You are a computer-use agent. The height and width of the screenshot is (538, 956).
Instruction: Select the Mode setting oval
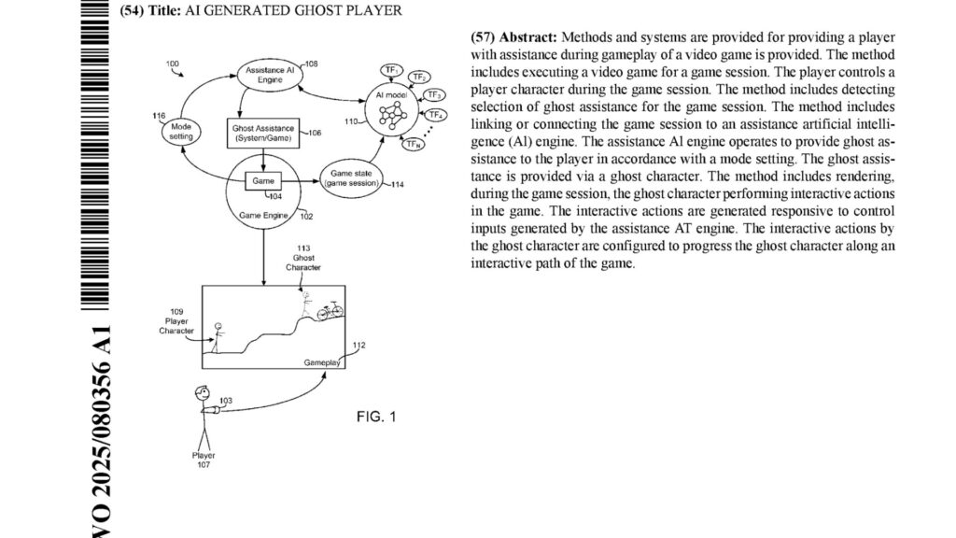(x=181, y=132)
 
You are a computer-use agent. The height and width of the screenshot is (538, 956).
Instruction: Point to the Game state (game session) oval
(x=351, y=179)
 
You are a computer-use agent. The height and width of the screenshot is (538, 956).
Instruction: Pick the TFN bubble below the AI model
(x=412, y=144)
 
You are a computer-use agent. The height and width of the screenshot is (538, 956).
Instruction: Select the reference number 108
(x=311, y=64)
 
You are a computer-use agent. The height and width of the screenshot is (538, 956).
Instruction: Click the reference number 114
(x=398, y=185)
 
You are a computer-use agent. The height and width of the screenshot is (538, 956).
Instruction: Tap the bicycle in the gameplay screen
(x=330, y=312)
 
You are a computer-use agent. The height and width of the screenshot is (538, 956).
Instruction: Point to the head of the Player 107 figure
(x=201, y=392)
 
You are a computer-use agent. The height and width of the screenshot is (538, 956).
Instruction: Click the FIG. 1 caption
(x=376, y=417)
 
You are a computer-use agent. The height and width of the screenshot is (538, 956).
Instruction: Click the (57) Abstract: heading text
(x=513, y=37)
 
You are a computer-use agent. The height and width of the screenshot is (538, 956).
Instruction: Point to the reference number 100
(x=173, y=64)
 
